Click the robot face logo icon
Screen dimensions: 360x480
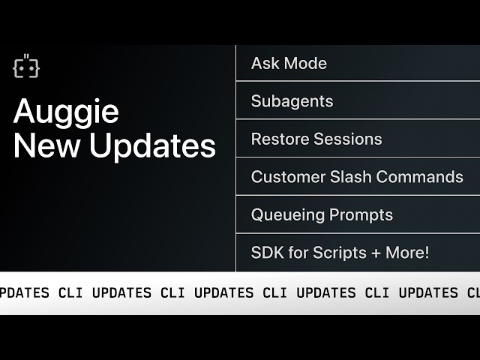(26, 67)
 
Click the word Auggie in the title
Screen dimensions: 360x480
(66, 112)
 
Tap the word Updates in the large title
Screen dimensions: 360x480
(153, 145)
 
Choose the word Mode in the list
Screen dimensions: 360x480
(306, 64)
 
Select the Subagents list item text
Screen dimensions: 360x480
(292, 101)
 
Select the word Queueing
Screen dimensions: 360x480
(285, 215)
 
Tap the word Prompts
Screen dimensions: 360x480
(358, 215)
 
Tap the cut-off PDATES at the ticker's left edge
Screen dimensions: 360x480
(25, 292)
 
